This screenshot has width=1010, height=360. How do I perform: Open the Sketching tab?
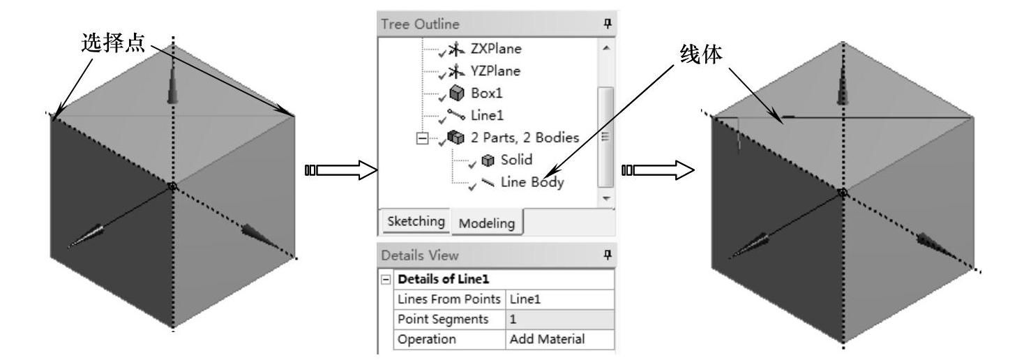pyautogui.click(x=414, y=221)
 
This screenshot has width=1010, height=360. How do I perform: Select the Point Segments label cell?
pyautogui.click(x=438, y=319)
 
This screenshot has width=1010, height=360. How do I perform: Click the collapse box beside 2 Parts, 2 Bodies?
pyautogui.click(x=421, y=138)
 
